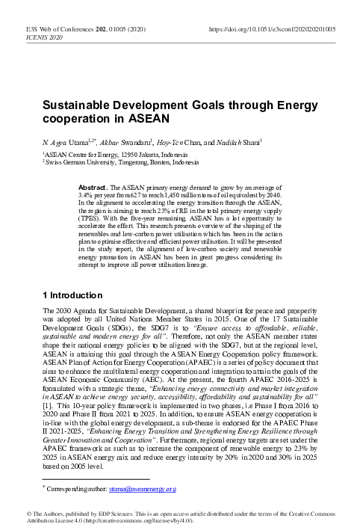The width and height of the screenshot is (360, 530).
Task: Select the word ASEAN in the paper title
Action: point(152,118)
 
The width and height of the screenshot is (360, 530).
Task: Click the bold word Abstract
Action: point(95,185)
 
